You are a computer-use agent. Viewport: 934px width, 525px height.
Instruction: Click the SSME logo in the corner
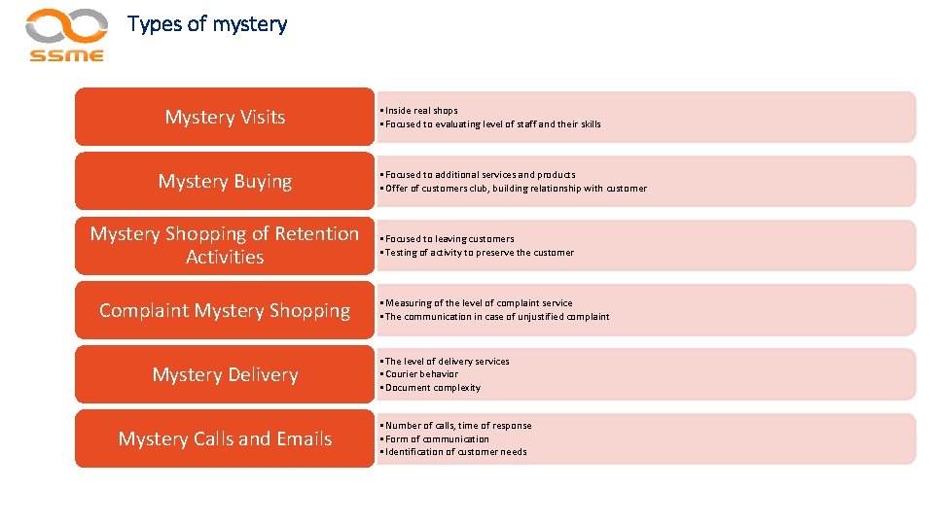coord(66,35)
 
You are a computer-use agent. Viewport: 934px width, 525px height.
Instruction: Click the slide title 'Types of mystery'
coord(207,24)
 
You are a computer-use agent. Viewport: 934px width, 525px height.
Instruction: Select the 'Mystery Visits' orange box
coord(225,118)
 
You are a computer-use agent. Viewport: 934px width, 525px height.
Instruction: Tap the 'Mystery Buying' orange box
coord(225,182)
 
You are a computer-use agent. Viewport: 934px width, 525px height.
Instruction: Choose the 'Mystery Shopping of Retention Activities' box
coord(225,246)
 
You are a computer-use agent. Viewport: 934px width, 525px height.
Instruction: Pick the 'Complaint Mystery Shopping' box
coord(225,311)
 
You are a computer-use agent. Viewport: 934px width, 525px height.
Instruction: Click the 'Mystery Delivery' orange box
coord(225,375)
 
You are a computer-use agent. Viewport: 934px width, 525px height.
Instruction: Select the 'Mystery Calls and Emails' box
coord(225,439)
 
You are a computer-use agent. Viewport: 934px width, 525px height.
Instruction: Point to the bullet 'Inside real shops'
coord(420,111)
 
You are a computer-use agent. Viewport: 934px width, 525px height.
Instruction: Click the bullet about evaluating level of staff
coord(492,124)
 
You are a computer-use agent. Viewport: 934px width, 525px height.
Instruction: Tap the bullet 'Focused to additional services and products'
coord(480,175)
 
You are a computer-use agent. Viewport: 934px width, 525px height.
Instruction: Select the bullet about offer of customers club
coord(515,189)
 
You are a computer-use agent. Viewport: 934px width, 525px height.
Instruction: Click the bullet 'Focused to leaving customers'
coord(449,239)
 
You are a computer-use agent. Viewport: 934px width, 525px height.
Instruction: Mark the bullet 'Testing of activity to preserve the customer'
coord(479,253)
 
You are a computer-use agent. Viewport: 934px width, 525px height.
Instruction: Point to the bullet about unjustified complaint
coord(496,317)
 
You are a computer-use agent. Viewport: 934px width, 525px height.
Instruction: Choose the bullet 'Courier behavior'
coord(421,374)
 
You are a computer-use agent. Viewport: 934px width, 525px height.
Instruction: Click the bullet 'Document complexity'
coord(432,388)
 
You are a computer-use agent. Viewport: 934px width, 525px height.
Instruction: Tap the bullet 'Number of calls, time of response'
coord(457,426)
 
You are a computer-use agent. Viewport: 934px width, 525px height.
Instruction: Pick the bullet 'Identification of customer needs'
coord(455,452)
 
